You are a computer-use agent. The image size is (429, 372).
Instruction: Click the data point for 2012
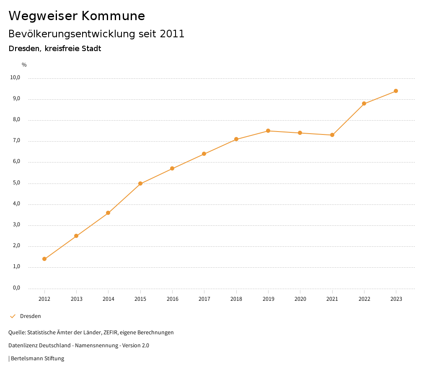(x=44, y=259)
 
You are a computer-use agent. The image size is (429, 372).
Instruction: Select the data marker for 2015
(x=140, y=183)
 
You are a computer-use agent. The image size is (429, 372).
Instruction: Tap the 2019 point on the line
(x=268, y=131)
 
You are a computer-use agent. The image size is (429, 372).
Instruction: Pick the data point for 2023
(x=396, y=91)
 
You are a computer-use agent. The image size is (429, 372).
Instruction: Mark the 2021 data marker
(x=332, y=135)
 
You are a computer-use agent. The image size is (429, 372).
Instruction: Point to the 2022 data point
(x=364, y=103)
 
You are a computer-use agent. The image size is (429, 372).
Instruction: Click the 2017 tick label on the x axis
(x=204, y=299)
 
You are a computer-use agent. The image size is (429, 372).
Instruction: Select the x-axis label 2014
(x=109, y=299)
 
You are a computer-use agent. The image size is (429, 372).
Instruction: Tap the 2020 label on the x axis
(x=300, y=299)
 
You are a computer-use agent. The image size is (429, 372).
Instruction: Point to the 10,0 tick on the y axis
(x=16, y=77)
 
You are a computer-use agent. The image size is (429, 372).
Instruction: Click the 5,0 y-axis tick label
(x=16, y=183)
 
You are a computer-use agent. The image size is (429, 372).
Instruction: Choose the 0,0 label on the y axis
(x=16, y=288)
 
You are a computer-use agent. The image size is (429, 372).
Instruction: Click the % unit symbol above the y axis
(x=24, y=65)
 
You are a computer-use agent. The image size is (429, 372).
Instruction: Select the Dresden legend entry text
(x=31, y=316)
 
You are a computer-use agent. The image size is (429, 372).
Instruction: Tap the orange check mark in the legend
(x=13, y=316)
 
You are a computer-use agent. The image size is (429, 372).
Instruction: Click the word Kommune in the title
(x=114, y=16)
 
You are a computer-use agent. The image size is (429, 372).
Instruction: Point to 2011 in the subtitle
(x=172, y=34)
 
